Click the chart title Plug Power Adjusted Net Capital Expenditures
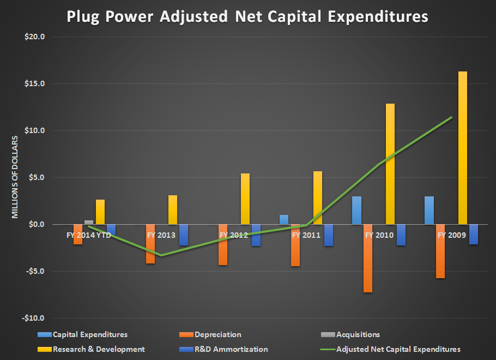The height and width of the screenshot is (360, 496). pyautogui.click(x=247, y=16)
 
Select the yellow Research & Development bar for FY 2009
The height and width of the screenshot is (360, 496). pyautogui.click(x=462, y=147)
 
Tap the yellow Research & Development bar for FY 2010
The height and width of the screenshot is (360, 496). pyautogui.click(x=390, y=164)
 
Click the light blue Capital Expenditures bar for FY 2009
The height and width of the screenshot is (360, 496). pyautogui.click(x=430, y=210)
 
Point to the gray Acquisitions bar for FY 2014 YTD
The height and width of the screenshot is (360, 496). pyautogui.click(x=89, y=222)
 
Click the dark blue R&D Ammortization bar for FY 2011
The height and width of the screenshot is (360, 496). pyautogui.click(x=328, y=235)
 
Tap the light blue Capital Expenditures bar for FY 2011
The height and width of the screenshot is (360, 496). pyautogui.click(x=284, y=219)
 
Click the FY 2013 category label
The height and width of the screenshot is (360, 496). pyautogui.click(x=161, y=236)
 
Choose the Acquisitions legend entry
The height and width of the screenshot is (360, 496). pyautogui.click(x=358, y=334)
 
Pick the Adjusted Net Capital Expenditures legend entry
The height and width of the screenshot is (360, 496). pyautogui.click(x=398, y=349)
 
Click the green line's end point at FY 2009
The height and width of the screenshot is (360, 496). pyautogui.click(x=452, y=117)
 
